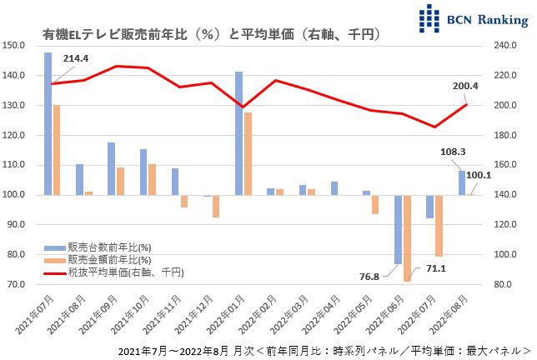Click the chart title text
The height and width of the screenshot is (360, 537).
click(x=213, y=34)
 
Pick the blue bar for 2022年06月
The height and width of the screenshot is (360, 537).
click(x=399, y=229)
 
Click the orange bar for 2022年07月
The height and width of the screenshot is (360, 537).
click(x=439, y=225)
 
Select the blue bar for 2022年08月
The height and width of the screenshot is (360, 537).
click(x=462, y=182)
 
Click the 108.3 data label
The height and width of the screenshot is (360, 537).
click(x=450, y=152)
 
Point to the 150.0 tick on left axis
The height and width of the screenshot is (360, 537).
click(x=16, y=45)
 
